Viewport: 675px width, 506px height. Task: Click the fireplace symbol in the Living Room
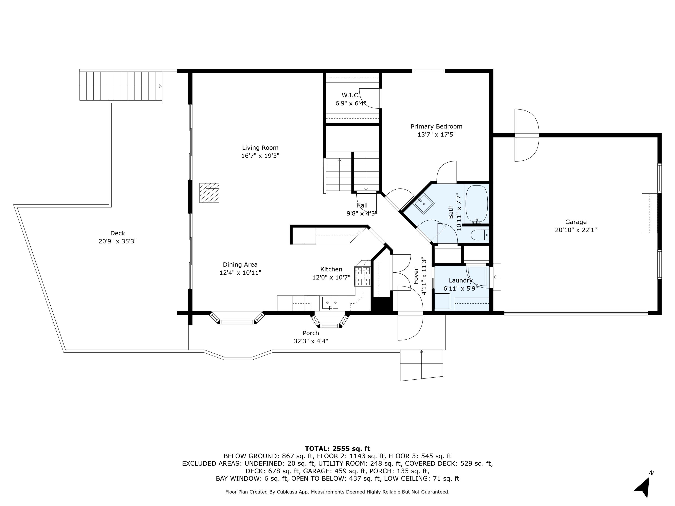pyautogui.click(x=209, y=193)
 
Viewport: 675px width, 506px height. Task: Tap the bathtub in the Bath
pyautogui.click(x=476, y=204)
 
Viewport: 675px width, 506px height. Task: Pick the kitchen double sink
pyautogui.click(x=330, y=302)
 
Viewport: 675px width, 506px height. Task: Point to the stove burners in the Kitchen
pyautogui.click(x=362, y=276)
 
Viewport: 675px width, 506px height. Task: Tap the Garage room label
pyautogui.click(x=576, y=222)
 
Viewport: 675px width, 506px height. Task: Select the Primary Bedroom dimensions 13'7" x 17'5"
pyautogui.click(x=436, y=134)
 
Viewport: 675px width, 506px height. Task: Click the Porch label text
pyautogui.click(x=311, y=333)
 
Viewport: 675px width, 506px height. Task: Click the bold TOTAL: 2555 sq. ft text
pyautogui.click(x=337, y=449)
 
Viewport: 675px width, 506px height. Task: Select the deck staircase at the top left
pyautogui.click(x=121, y=86)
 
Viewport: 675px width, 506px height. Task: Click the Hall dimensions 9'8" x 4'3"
pyautogui.click(x=362, y=213)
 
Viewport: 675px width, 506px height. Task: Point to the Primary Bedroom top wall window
pyautogui.click(x=428, y=71)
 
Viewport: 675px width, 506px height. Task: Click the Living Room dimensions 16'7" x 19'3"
pyautogui.click(x=260, y=156)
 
